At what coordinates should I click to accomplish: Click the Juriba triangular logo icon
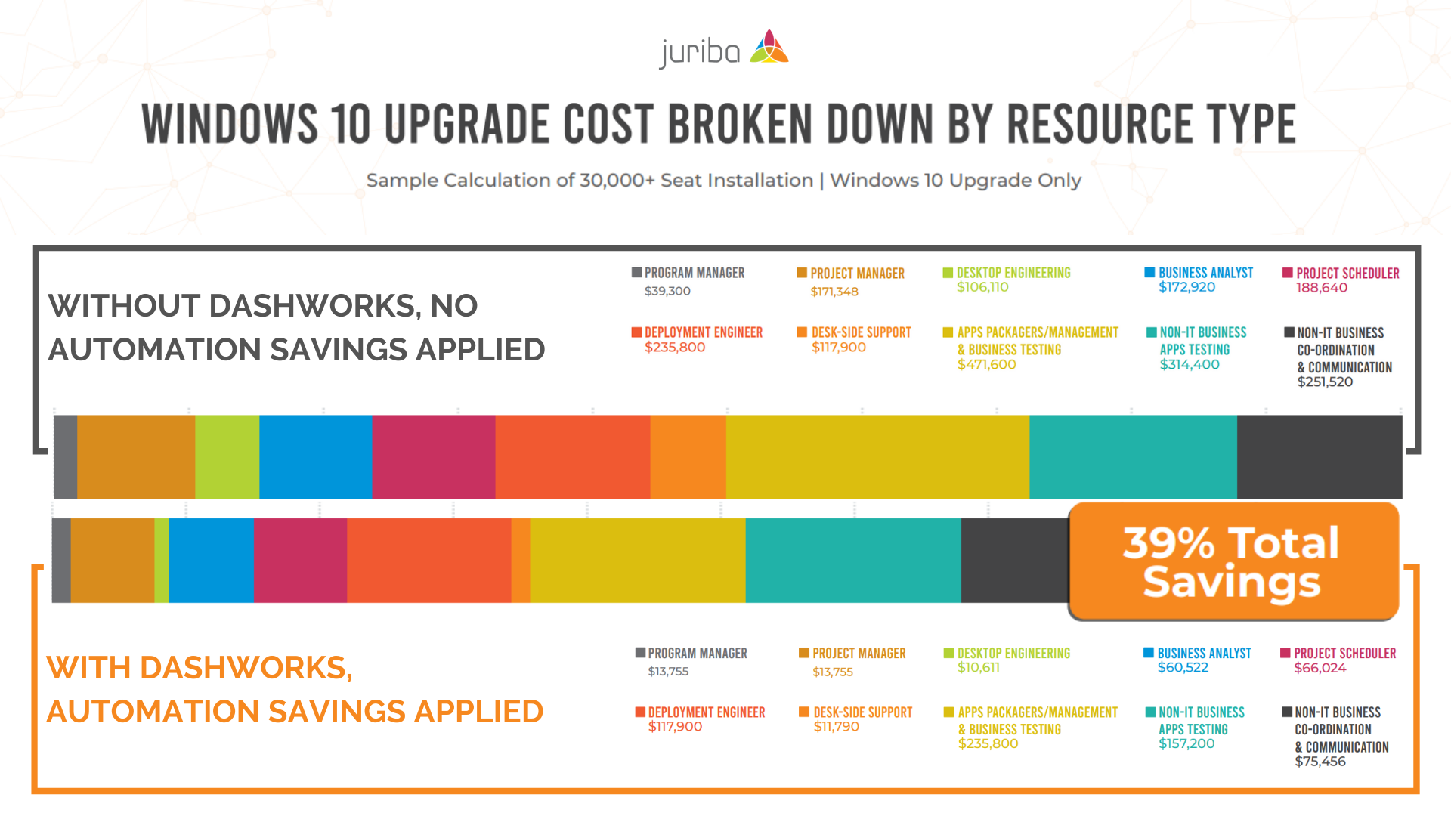click(769, 48)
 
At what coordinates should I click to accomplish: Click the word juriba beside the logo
click(699, 52)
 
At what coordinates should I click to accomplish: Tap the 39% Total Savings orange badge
click(1233, 561)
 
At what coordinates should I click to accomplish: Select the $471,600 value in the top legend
click(986, 364)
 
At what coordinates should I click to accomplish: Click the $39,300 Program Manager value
click(667, 291)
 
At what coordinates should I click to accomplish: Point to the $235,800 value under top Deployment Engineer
click(674, 348)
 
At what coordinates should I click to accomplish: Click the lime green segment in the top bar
click(227, 456)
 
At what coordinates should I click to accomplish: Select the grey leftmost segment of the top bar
click(66, 456)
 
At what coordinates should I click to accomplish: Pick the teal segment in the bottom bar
click(852, 560)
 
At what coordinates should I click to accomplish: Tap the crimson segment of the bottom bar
click(300, 560)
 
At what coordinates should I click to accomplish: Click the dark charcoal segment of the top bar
click(1319, 456)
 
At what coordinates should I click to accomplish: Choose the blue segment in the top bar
click(315, 456)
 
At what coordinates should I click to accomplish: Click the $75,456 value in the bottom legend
click(1320, 762)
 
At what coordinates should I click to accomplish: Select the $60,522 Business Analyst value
click(1183, 668)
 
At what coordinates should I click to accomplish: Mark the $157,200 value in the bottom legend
click(1186, 744)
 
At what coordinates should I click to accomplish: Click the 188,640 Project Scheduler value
click(1322, 288)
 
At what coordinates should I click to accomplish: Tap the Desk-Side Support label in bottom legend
click(862, 712)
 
